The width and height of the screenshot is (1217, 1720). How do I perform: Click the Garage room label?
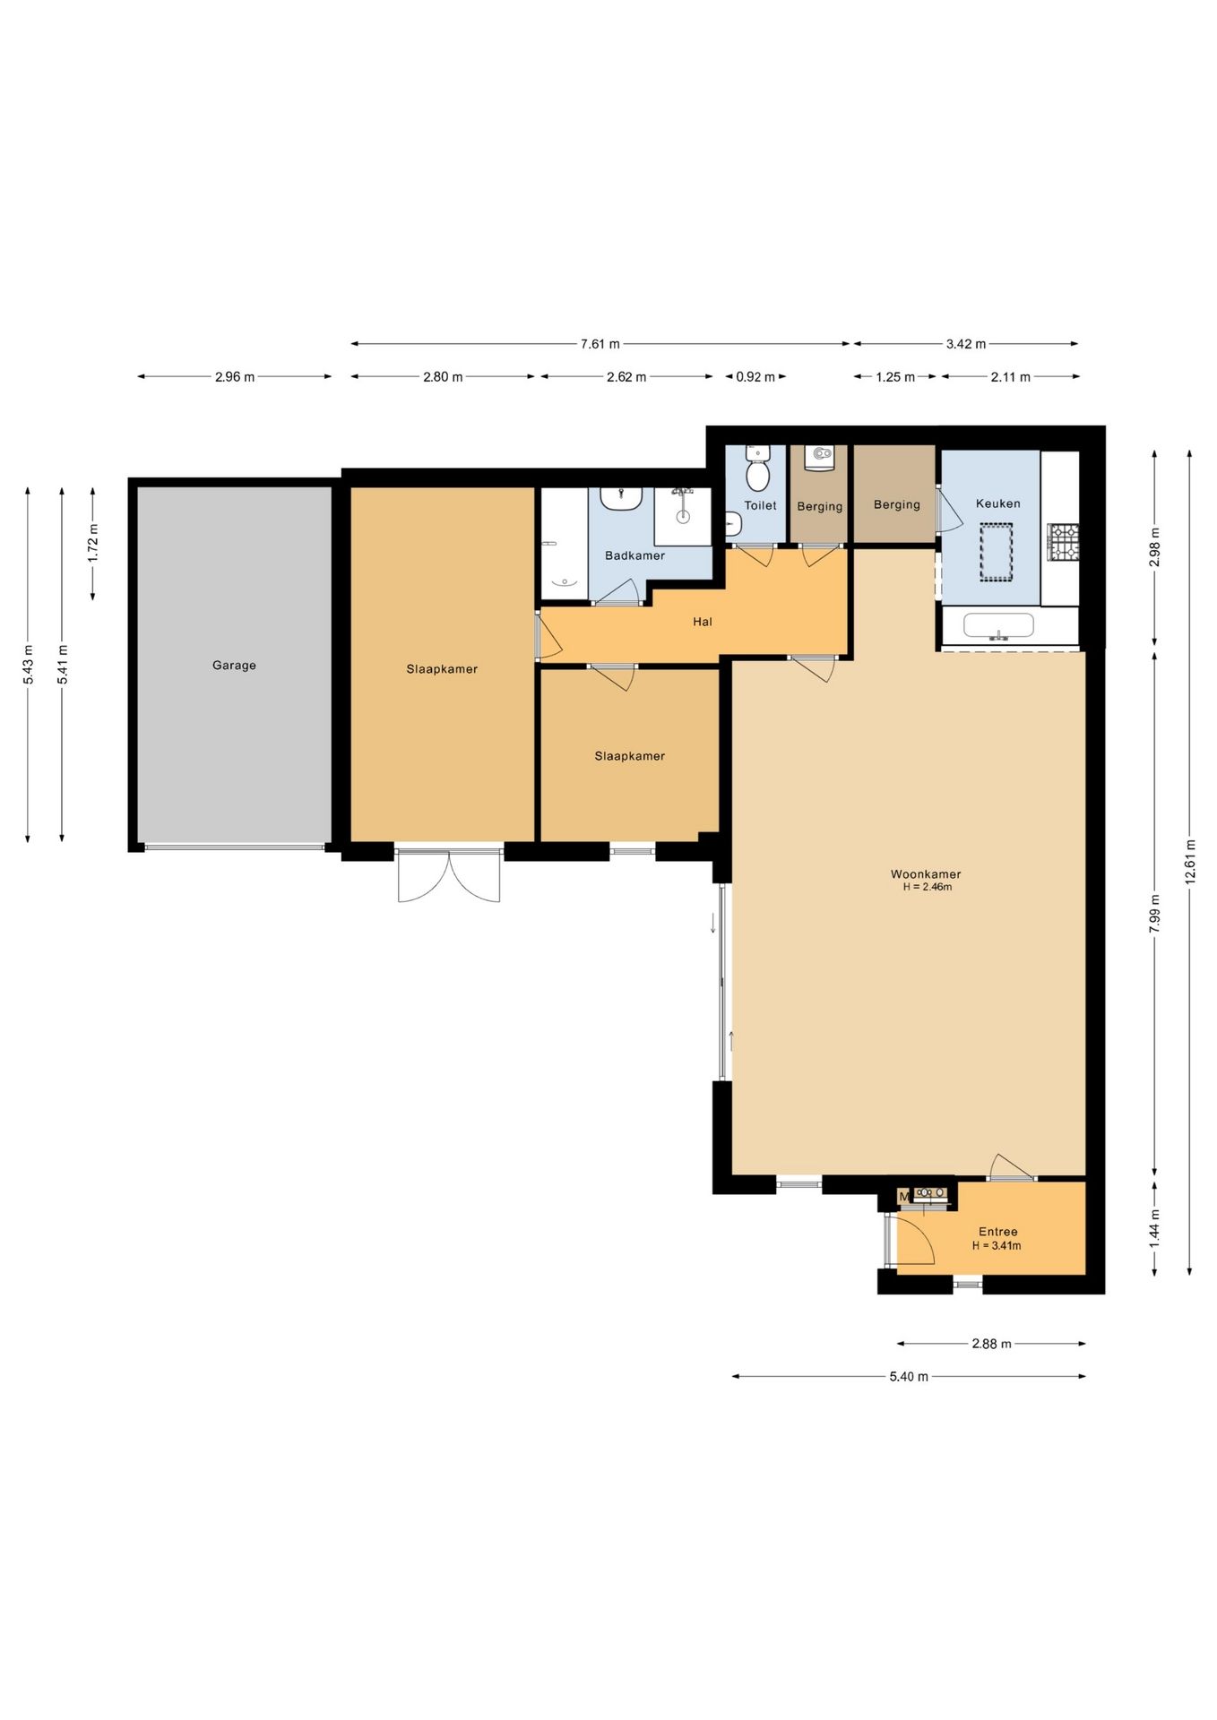234,666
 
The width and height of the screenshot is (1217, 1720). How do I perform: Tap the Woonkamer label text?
926,874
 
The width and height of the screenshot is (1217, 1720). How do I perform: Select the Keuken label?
998,503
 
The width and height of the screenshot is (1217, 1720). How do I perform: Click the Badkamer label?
634,555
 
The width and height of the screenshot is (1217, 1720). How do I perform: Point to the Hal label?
703,622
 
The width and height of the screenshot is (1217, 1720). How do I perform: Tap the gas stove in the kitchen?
1064,543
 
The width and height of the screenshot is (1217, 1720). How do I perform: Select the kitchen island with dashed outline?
996,553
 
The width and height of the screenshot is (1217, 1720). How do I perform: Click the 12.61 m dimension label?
1190,862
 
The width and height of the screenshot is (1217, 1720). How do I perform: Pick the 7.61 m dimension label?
600,344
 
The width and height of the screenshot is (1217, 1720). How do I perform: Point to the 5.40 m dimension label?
909,1376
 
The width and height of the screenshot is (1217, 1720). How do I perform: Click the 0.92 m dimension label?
755,377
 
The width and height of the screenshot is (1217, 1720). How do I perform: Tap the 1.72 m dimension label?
93,543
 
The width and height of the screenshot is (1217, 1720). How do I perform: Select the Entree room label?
997,1232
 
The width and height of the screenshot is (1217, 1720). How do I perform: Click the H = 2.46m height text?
927,888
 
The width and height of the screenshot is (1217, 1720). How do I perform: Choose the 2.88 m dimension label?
991,1344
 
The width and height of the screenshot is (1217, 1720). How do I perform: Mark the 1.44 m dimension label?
1155,1227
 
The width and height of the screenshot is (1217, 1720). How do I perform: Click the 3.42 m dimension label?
966,344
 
